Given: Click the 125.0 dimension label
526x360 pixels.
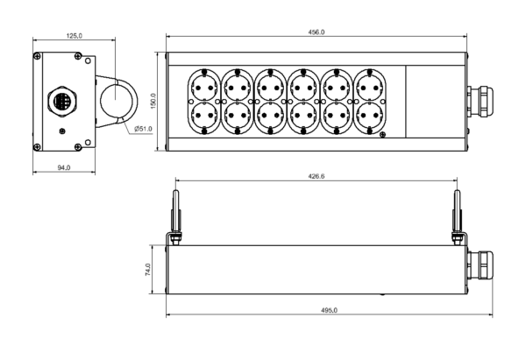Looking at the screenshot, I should (x=75, y=36).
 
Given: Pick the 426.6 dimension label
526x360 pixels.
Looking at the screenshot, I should (x=316, y=176).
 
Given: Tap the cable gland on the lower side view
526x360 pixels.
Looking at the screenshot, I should (x=480, y=262).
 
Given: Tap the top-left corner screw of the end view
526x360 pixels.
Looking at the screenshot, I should (x=36, y=57).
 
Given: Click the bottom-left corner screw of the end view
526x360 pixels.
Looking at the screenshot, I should (x=36, y=145).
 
